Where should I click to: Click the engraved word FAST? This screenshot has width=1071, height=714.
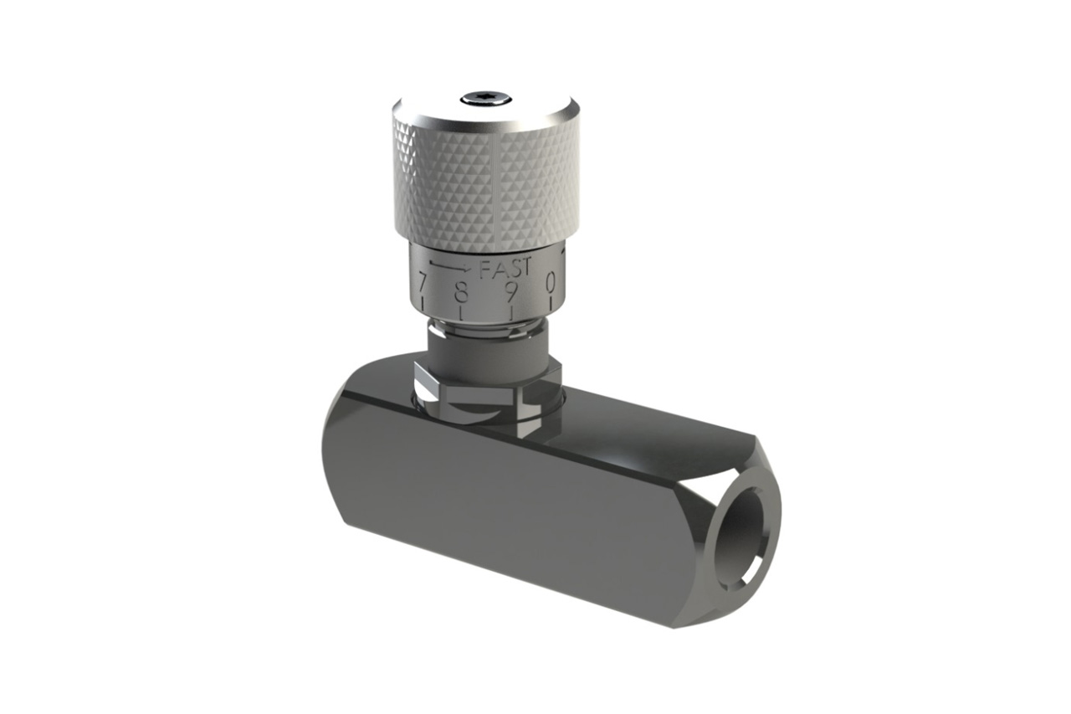505,269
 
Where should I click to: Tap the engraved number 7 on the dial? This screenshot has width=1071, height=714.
422,285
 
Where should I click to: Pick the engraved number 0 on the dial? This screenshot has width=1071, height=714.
551,283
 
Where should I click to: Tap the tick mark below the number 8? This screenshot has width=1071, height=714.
461,315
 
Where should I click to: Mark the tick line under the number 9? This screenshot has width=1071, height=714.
512,314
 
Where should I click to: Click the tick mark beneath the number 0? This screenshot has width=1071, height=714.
551,305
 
